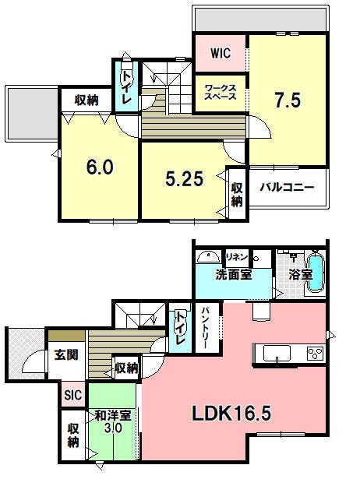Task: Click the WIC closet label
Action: click(x=221, y=54)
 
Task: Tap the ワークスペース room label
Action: click(x=221, y=92)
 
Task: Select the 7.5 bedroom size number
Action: click(x=288, y=100)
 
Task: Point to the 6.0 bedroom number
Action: click(x=100, y=167)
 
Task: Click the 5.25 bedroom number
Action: click(x=184, y=178)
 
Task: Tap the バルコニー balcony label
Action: click(x=287, y=187)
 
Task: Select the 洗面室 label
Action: click(x=234, y=275)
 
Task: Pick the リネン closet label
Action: click(x=236, y=257)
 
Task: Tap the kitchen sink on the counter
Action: click(x=277, y=354)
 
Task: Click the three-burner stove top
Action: click(x=316, y=354)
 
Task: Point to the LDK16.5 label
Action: click(x=231, y=414)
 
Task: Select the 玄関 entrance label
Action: click(x=66, y=354)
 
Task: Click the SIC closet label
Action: click(x=73, y=395)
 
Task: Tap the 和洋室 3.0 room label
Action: click(x=113, y=421)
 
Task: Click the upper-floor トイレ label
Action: click(x=126, y=87)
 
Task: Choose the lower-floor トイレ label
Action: click(x=180, y=327)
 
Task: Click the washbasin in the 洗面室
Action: click(x=208, y=257)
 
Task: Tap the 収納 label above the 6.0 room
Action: click(x=86, y=100)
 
